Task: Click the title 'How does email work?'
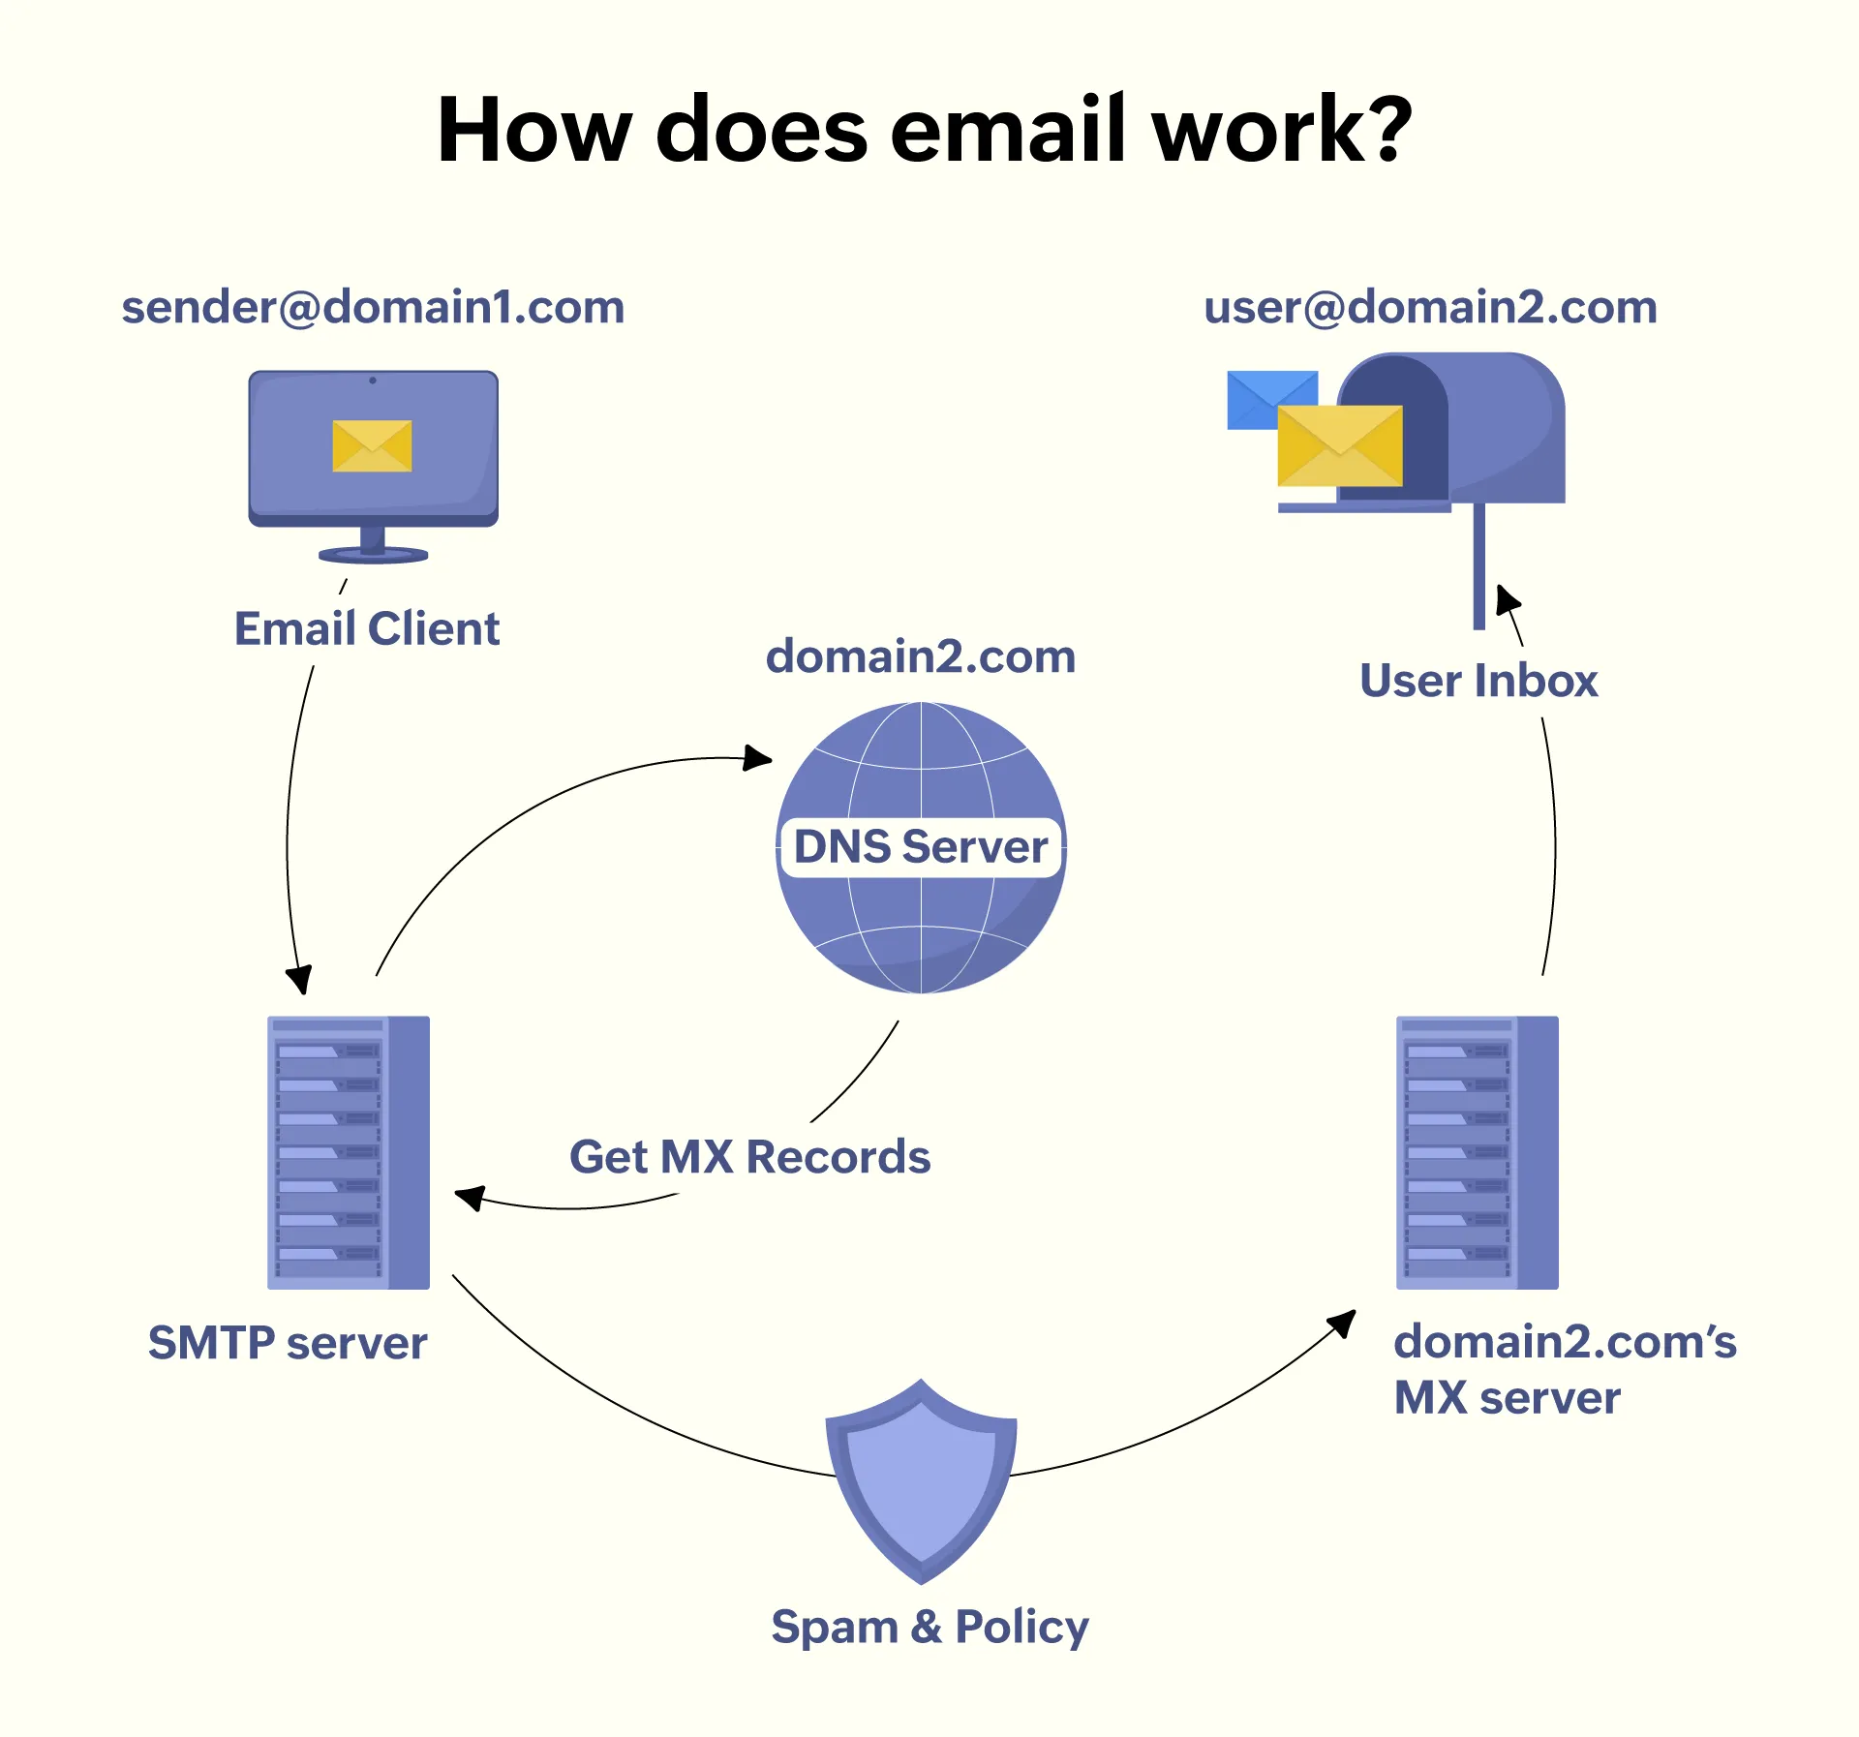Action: tap(925, 131)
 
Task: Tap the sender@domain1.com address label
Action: tap(373, 308)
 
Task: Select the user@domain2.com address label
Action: tap(1430, 308)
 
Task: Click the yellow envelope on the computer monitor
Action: tap(372, 446)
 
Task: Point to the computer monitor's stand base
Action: tap(373, 555)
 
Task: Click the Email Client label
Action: tap(367, 629)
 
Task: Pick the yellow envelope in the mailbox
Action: tap(1339, 446)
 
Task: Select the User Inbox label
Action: tap(1478, 681)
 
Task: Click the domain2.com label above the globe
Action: tap(921, 657)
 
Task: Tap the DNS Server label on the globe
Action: tap(921, 847)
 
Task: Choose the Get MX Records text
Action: tap(749, 1157)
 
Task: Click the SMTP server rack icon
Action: tap(348, 1152)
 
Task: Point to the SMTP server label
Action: tap(288, 1343)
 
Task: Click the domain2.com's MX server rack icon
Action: tap(1477, 1152)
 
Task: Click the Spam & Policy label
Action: tap(929, 1627)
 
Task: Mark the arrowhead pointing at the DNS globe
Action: tap(758, 757)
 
